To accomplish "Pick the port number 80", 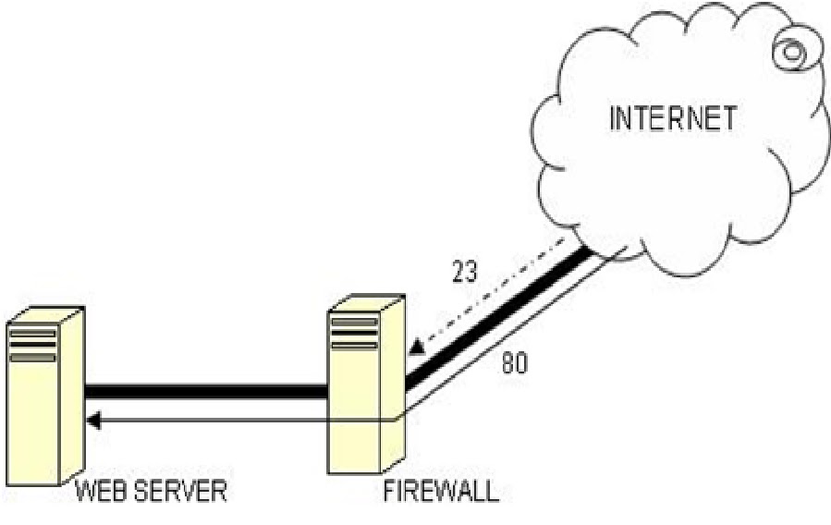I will click(x=515, y=363).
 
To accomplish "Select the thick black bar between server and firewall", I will click(x=205, y=392).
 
